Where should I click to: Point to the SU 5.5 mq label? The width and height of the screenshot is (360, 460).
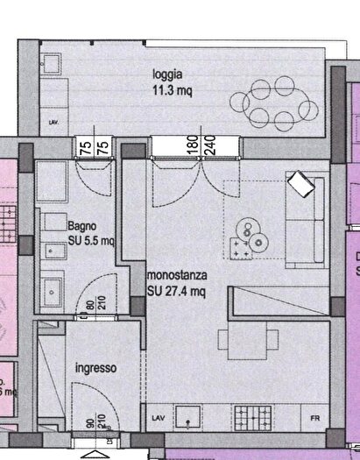pos(91,239)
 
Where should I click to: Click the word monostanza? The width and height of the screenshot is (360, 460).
pos(175,276)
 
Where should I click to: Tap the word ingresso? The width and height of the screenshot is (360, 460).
pos(95,369)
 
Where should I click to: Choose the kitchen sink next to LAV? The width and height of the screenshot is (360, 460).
pos(189,417)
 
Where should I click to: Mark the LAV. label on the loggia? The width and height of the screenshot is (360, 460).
pos(54,123)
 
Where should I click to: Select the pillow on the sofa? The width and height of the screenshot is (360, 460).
pos(300,184)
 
